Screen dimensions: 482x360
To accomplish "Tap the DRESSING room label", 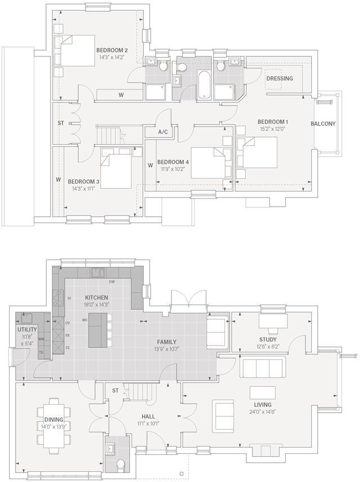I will [280, 78].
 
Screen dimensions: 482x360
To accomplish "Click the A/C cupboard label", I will [163, 132].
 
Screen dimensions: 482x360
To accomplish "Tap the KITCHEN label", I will [96, 297].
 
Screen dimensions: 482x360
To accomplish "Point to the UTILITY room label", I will [27, 329].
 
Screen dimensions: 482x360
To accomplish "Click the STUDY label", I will [268, 339].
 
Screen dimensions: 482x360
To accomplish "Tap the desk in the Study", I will [273, 320].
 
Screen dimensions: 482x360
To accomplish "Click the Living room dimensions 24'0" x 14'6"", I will [262, 412].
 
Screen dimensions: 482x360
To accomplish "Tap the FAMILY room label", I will [167, 342].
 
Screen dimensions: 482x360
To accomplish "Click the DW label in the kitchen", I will [112, 282].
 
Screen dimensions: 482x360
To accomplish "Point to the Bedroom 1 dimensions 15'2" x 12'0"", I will [272, 129].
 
